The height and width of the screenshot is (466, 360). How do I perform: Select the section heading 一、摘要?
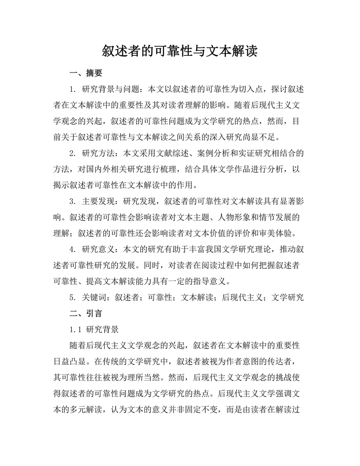85,73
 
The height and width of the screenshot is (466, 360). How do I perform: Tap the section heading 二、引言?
85,313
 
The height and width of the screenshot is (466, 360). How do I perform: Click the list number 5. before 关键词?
72,297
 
